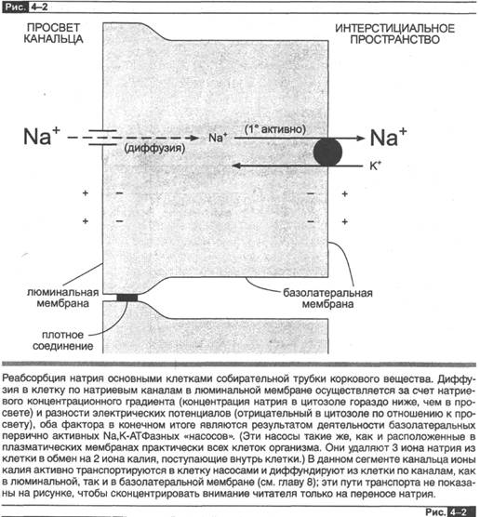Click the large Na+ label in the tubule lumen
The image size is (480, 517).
42,136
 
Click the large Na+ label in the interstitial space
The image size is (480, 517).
388,137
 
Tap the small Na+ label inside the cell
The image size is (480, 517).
218,138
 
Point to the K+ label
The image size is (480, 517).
375,166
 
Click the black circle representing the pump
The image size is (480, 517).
327,152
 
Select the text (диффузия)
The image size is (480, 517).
154,148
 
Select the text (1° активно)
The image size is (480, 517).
274,129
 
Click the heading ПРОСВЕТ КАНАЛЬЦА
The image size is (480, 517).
53,33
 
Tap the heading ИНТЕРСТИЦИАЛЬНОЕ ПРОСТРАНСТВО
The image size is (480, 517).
395,33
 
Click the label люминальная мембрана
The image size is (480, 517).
62,298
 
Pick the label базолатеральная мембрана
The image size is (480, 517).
327,298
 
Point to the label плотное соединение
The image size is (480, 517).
62,340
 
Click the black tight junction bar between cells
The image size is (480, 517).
127,298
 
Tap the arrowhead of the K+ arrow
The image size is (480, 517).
235,166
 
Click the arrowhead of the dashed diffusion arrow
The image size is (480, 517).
195,138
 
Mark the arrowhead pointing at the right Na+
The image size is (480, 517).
361,138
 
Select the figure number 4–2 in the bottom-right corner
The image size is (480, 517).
460,511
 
